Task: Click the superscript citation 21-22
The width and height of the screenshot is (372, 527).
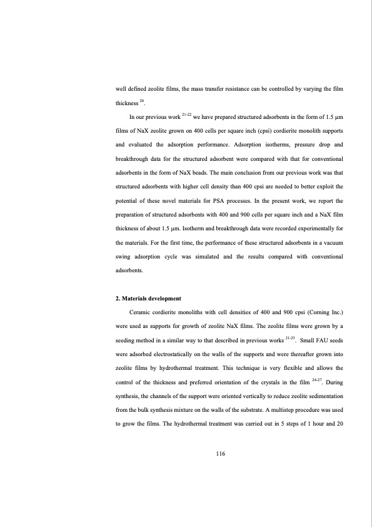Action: click(186, 115)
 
